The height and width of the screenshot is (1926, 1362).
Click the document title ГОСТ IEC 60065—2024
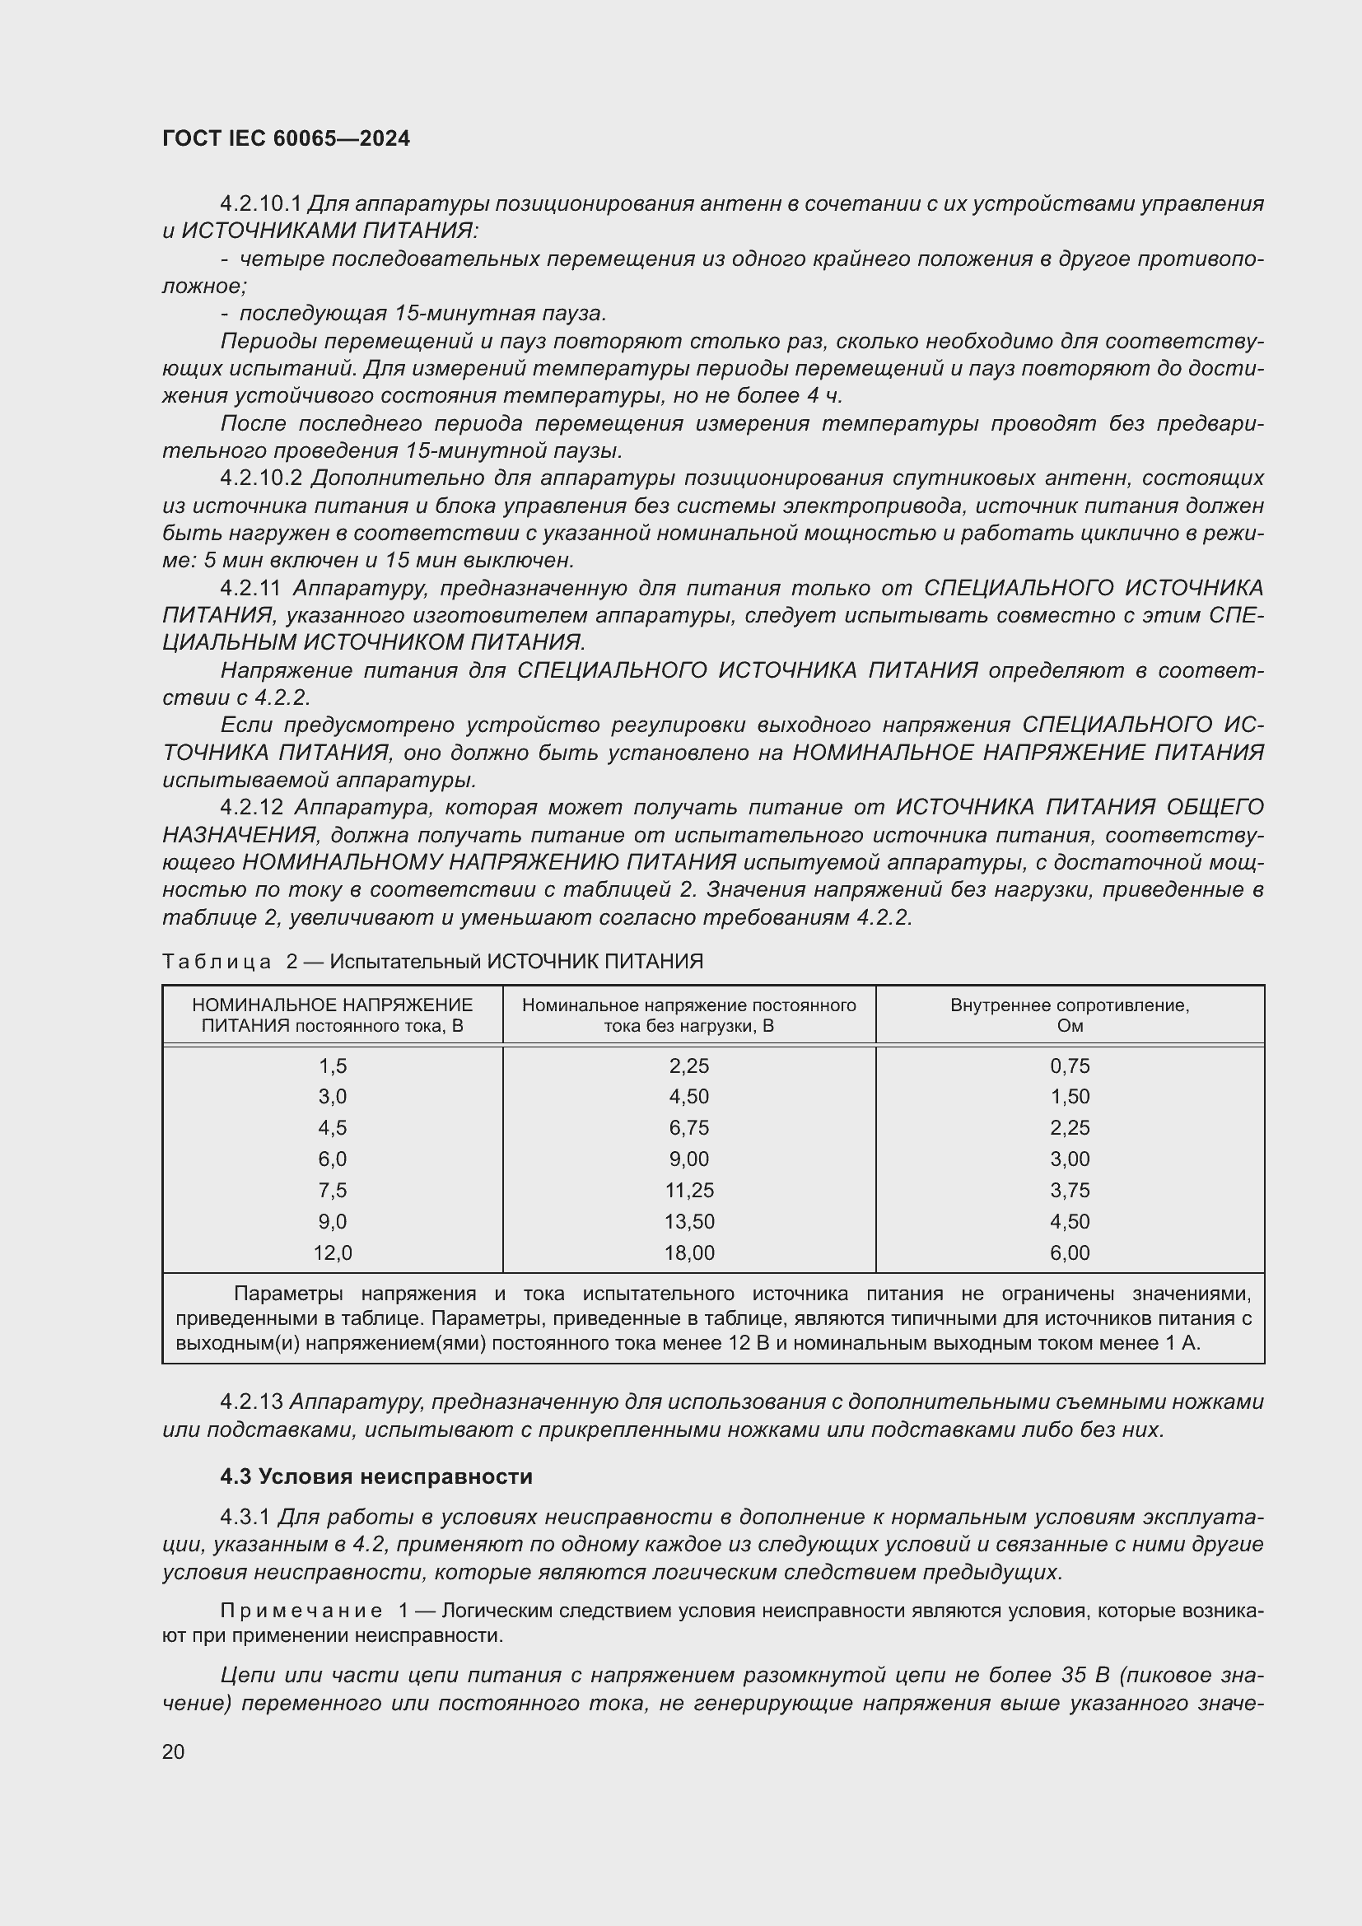pyautogui.click(x=286, y=138)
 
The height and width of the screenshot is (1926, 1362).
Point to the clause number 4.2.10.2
pyautogui.click(x=261, y=478)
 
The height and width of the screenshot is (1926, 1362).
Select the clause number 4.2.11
pyautogui.click(x=250, y=588)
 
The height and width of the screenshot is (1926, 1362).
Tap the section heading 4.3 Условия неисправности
pyautogui.click(x=375, y=1476)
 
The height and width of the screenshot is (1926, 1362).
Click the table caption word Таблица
pyautogui.click(x=217, y=961)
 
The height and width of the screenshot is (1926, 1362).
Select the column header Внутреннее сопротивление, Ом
pyautogui.click(x=1070, y=1015)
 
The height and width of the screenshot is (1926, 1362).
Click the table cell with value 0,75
pyautogui.click(x=1070, y=1066)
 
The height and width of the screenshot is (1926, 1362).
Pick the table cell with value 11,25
pyautogui.click(x=688, y=1191)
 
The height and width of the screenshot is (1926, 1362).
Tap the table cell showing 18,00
pyautogui.click(x=688, y=1253)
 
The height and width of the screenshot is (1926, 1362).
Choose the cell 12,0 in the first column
pyautogui.click(x=332, y=1253)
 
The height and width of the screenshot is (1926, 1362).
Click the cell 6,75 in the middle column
pyautogui.click(x=688, y=1128)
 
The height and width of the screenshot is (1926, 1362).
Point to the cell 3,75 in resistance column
pyautogui.click(x=1070, y=1191)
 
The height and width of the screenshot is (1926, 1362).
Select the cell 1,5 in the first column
pyautogui.click(x=332, y=1066)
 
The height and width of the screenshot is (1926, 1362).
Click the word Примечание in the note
pyautogui.click(x=301, y=1611)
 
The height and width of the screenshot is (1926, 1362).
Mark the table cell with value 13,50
pyautogui.click(x=688, y=1221)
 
